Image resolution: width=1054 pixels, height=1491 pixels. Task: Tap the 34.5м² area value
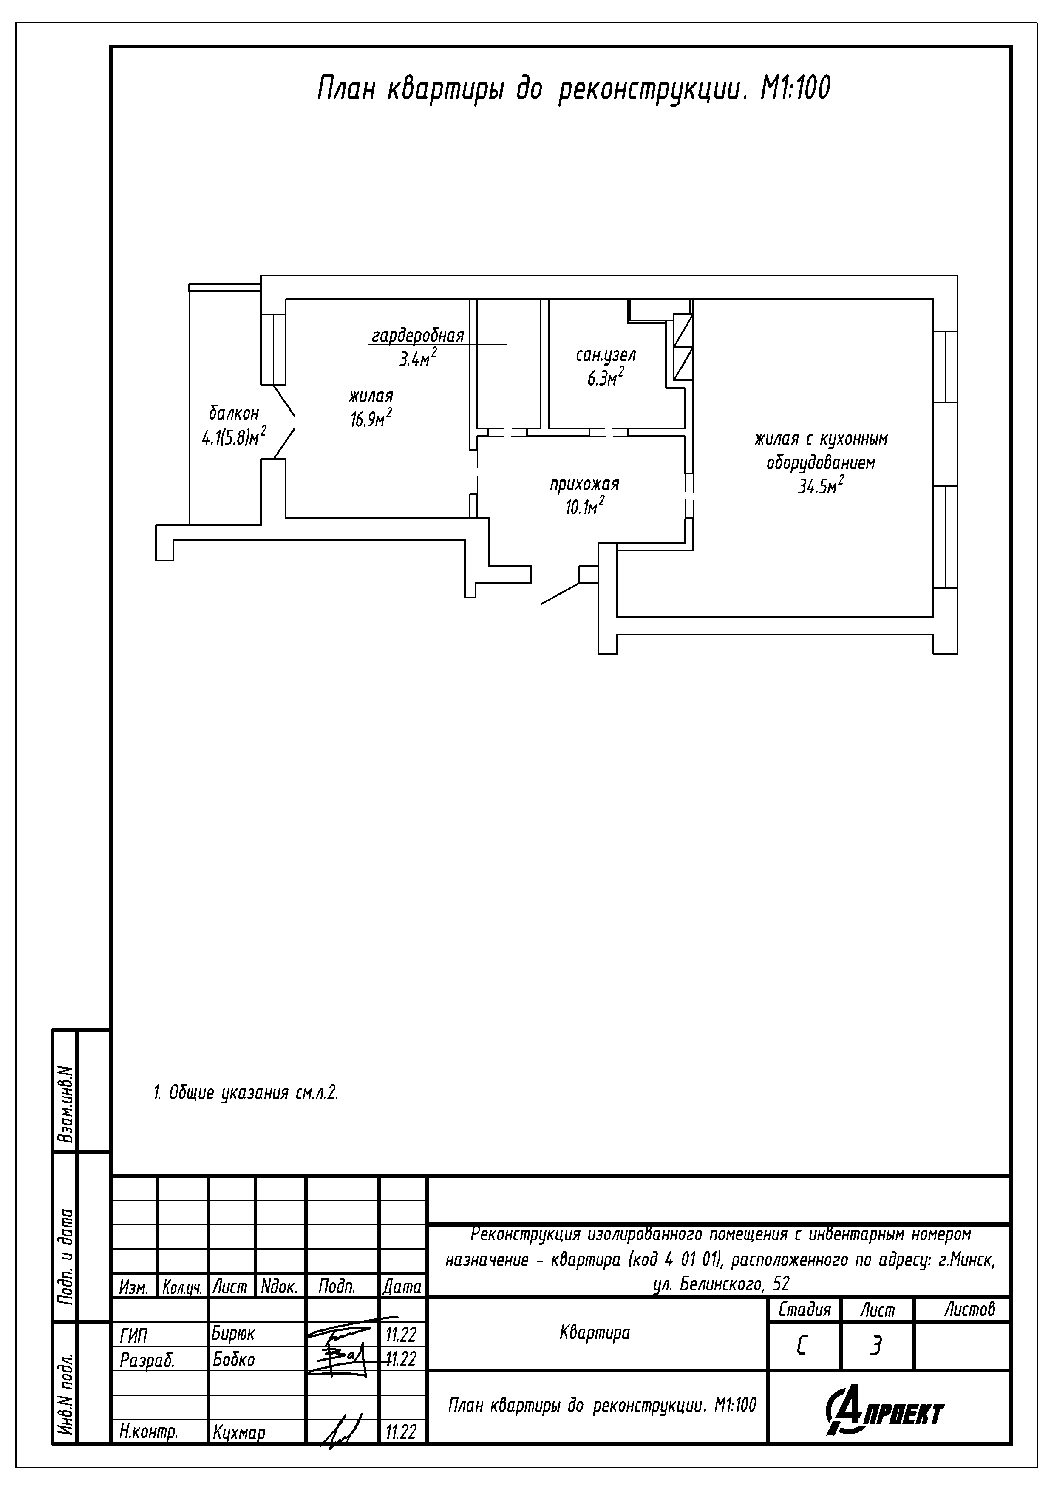[x=821, y=485]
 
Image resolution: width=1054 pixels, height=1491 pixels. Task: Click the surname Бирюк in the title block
[x=233, y=1333]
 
